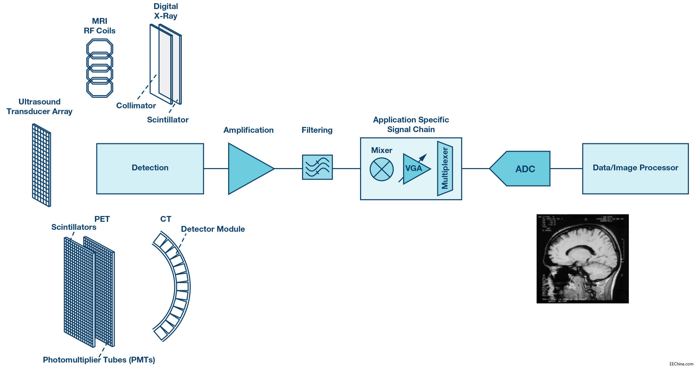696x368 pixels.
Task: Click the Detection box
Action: pos(150,168)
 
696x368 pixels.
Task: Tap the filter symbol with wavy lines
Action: pos(317,167)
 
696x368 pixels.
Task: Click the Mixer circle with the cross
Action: pos(381,169)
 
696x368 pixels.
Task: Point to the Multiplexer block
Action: pos(445,168)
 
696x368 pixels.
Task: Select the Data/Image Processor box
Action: pos(635,168)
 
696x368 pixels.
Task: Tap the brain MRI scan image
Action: pos(582,259)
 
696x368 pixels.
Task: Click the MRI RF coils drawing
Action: pos(100,68)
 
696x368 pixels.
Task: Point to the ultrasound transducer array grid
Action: pos(42,165)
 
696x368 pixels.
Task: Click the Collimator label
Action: pos(136,106)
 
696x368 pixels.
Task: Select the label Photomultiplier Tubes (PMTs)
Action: pos(99,360)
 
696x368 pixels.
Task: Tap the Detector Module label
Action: pos(213,229)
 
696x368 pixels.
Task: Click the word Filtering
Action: pos(317,130)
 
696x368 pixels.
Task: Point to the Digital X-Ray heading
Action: pos(166,11)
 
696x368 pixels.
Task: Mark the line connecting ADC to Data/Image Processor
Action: pos(566,168)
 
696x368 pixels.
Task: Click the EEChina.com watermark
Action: pos(681,364)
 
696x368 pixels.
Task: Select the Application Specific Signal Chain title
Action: pos(411,125)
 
